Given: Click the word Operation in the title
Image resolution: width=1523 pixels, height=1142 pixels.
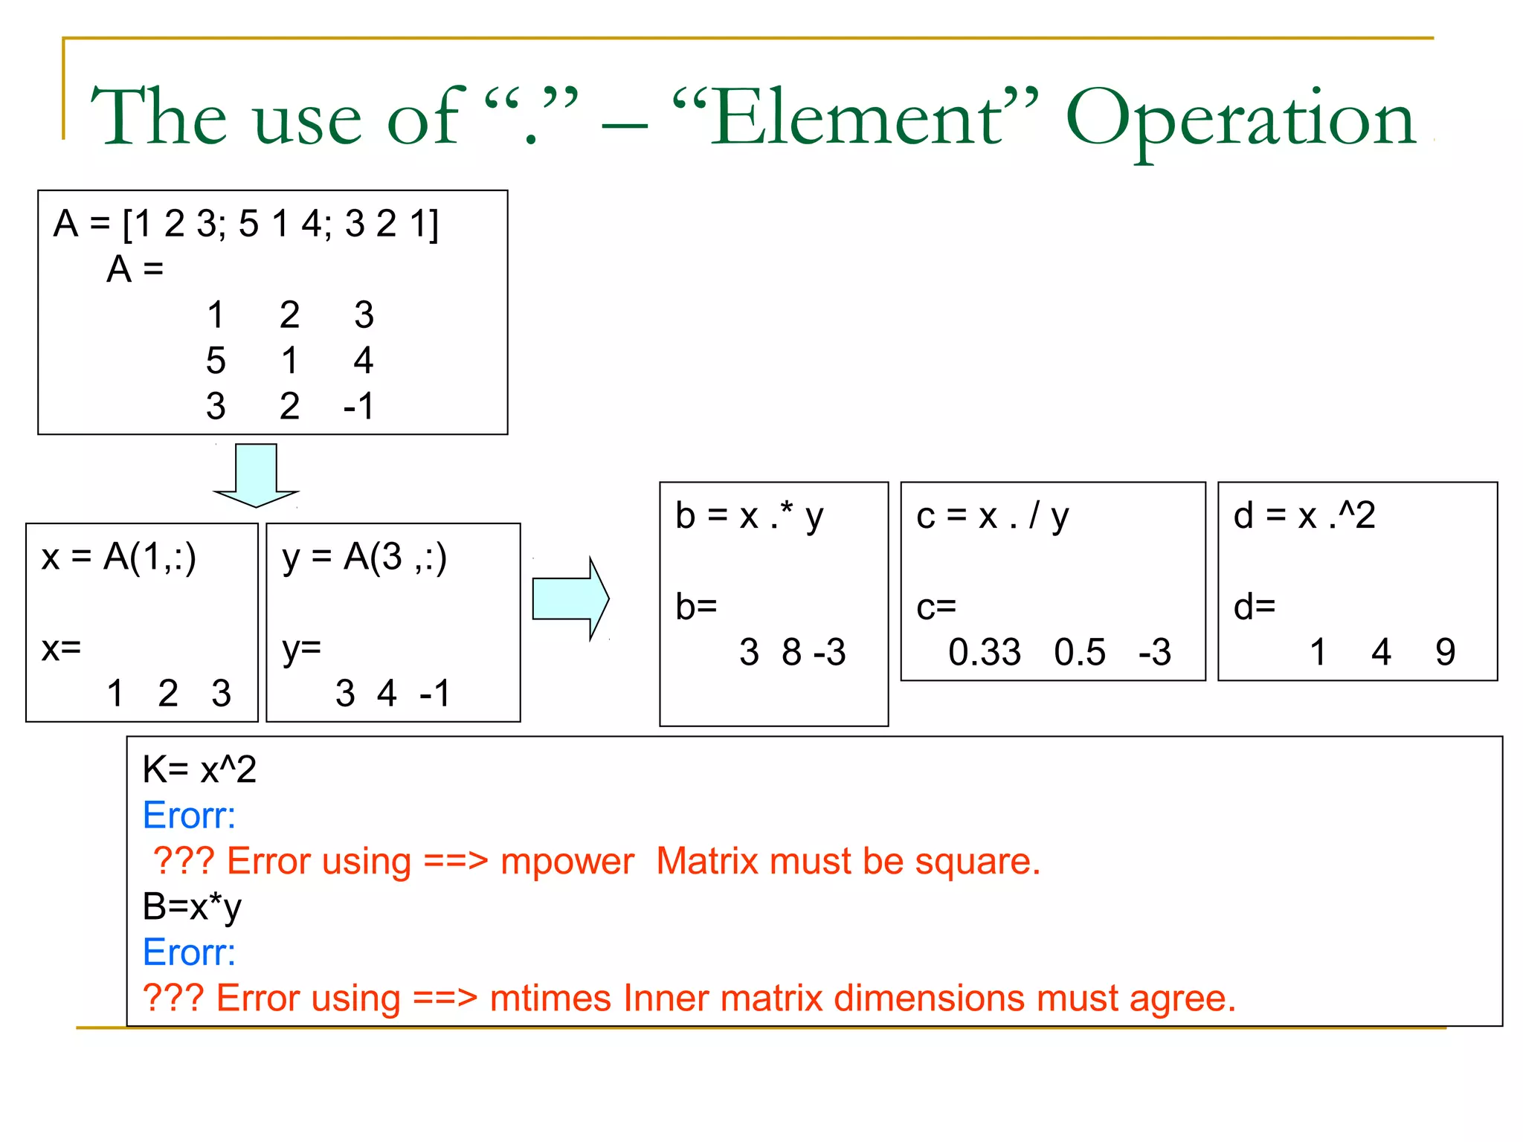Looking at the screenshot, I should tap(1240, 119).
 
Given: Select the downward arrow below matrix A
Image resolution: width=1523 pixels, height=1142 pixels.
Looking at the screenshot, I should tap(256, 476).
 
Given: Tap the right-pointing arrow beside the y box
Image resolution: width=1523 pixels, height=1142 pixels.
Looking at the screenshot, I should tap(570, 599).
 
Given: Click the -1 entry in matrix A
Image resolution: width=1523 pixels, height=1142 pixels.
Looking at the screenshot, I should tap(358, 406).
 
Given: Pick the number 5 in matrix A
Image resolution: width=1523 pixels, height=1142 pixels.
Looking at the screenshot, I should tap(216, 361).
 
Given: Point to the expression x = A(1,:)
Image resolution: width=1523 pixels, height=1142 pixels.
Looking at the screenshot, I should tap(119, 557).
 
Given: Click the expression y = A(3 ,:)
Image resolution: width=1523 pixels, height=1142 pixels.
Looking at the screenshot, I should tap(364, 557).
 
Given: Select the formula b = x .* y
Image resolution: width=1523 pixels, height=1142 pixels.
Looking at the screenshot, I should tap(750, 515).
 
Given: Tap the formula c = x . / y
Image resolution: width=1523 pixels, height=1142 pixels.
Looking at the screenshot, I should tap(993, 515).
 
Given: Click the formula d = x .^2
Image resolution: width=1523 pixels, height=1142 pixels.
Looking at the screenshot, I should tap(1304, 515).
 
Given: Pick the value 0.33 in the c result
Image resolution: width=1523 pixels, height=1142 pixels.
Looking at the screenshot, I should tap(985, 652).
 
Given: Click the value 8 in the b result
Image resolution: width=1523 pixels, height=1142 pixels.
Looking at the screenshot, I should tap(792, 652).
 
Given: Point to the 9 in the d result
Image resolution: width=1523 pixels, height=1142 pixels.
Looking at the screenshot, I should tap(1445, 652).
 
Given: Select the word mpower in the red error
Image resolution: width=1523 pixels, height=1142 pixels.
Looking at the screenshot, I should tap(567, 861).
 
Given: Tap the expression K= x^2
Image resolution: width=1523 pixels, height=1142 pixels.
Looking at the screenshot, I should tap(199, 769).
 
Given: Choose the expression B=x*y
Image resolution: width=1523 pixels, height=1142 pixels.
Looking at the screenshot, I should tap(192, 906).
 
